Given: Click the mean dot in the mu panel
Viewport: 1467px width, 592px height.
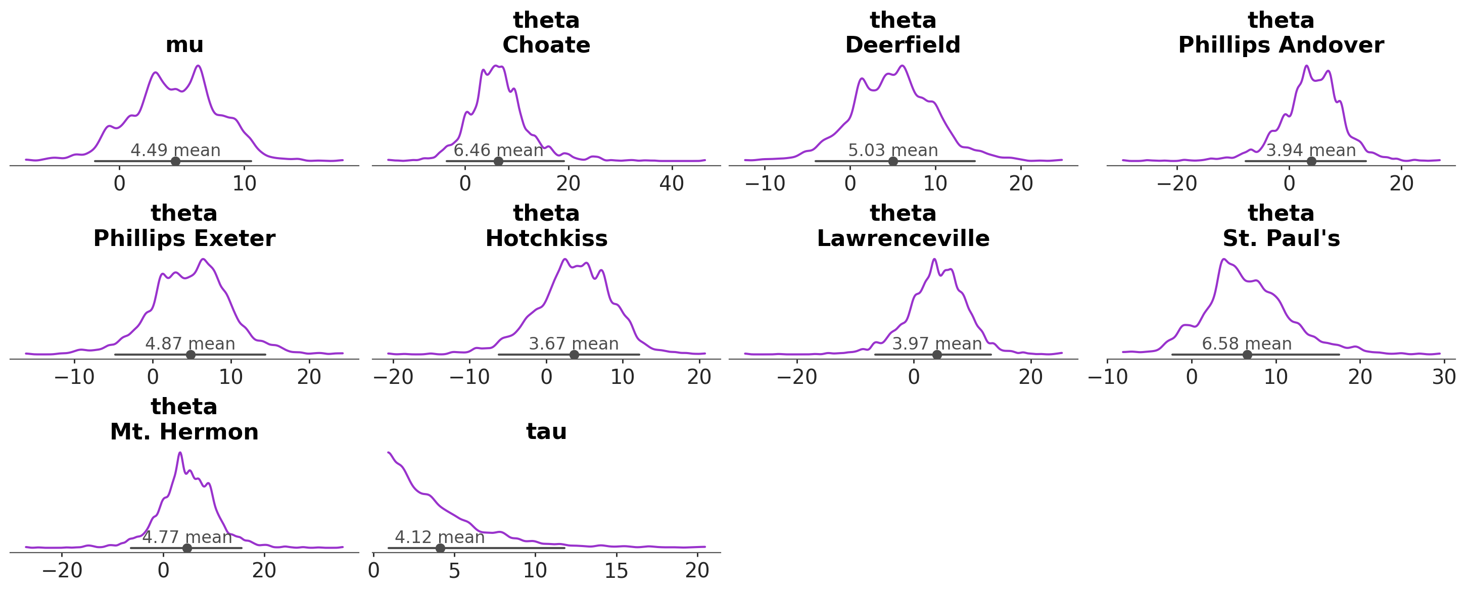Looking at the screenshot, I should [175, 161].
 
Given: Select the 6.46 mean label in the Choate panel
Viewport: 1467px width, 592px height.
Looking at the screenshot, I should [498, 151].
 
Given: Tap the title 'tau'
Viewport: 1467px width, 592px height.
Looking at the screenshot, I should [546, 431].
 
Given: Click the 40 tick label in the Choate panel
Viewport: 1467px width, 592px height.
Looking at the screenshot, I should [672, 183].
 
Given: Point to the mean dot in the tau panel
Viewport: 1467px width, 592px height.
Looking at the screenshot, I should [440, 548].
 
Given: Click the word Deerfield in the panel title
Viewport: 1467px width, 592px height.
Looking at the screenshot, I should [902, 45].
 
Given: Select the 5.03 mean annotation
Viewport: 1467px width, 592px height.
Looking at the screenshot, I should [892, 151].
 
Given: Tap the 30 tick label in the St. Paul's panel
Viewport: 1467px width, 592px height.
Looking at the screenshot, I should [1444, 377].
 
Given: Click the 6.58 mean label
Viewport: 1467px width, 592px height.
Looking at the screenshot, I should [1246, 344].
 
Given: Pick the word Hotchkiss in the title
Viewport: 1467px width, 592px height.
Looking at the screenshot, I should [546, 238].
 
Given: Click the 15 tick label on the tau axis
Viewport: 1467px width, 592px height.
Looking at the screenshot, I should [616, 570].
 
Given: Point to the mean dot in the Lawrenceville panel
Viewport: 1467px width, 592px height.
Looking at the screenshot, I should [937, 355].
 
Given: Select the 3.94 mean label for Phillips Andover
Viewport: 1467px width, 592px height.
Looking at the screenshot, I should [1310, 151].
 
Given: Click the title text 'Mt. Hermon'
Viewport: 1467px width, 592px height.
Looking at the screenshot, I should [184, 432].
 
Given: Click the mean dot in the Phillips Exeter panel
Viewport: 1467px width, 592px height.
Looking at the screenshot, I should [191, 355].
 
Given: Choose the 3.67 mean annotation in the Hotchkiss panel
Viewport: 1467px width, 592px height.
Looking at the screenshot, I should [574, 344].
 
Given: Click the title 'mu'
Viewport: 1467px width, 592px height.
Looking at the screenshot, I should [184, 45].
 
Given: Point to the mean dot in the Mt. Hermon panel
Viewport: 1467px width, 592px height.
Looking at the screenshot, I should [187, 548].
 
